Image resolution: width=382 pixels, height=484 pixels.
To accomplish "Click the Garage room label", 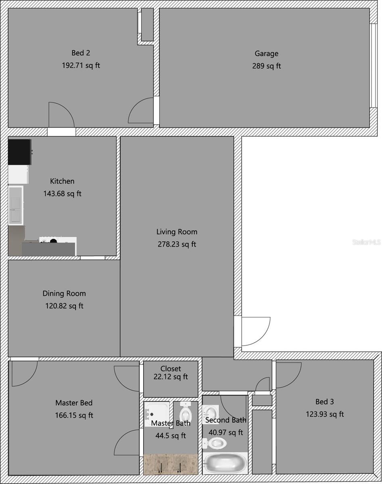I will tap(266, 53).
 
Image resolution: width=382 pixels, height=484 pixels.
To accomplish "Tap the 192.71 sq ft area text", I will tap(81, 65).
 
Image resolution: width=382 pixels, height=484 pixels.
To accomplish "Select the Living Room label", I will tap(177, 232).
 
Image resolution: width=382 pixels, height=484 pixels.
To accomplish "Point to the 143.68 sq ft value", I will tap(62, 194).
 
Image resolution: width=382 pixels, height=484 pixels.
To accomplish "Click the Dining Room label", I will tap(64, 294).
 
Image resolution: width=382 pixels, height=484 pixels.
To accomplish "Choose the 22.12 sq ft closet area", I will tap(171, 377).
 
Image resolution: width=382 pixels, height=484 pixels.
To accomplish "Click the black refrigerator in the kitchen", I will tap(19, 152).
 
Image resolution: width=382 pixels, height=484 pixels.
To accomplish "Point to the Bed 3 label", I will tap(324, 402).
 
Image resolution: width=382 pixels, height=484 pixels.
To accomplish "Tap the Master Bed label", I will tap(74, 403).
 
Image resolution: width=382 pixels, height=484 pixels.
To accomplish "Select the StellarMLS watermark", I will tap(366, 242).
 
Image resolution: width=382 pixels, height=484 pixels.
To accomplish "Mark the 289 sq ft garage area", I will tap(266, 66).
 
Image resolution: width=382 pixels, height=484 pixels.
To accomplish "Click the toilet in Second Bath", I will tap(216, 443).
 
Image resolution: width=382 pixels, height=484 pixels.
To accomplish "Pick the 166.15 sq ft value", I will tap(74, 415).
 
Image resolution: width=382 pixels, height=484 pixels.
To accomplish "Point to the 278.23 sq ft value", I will tap(177, 244).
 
